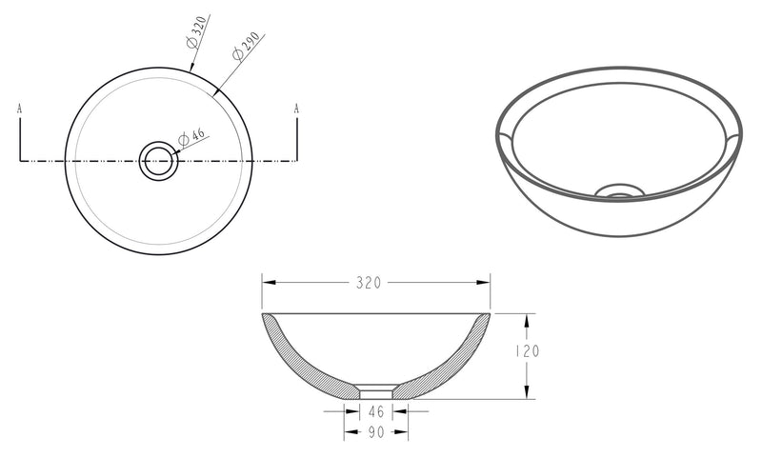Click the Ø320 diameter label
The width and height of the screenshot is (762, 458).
click(x=198, y=36)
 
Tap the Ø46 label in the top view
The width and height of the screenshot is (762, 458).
click(x=193, y=138)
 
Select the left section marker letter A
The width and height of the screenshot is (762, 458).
click(x=20, y=109)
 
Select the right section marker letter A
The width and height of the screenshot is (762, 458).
click(x=296, y=109)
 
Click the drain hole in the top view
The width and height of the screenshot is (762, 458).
click(x=159, y=161)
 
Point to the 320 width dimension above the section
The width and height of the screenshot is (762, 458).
click(x=369, y=283)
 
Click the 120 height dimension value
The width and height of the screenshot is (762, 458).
click(x=528, y=351)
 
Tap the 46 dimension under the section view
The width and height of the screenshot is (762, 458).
click(x=376, y=411)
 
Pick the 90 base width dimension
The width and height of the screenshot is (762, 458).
click(x=376, y=433)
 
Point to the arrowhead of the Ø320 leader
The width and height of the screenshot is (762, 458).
click(x=191, y=69)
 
